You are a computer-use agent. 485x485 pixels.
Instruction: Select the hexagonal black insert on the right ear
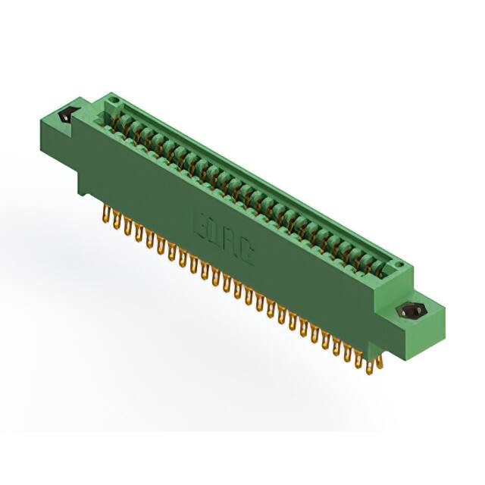[x=410, y=311]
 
